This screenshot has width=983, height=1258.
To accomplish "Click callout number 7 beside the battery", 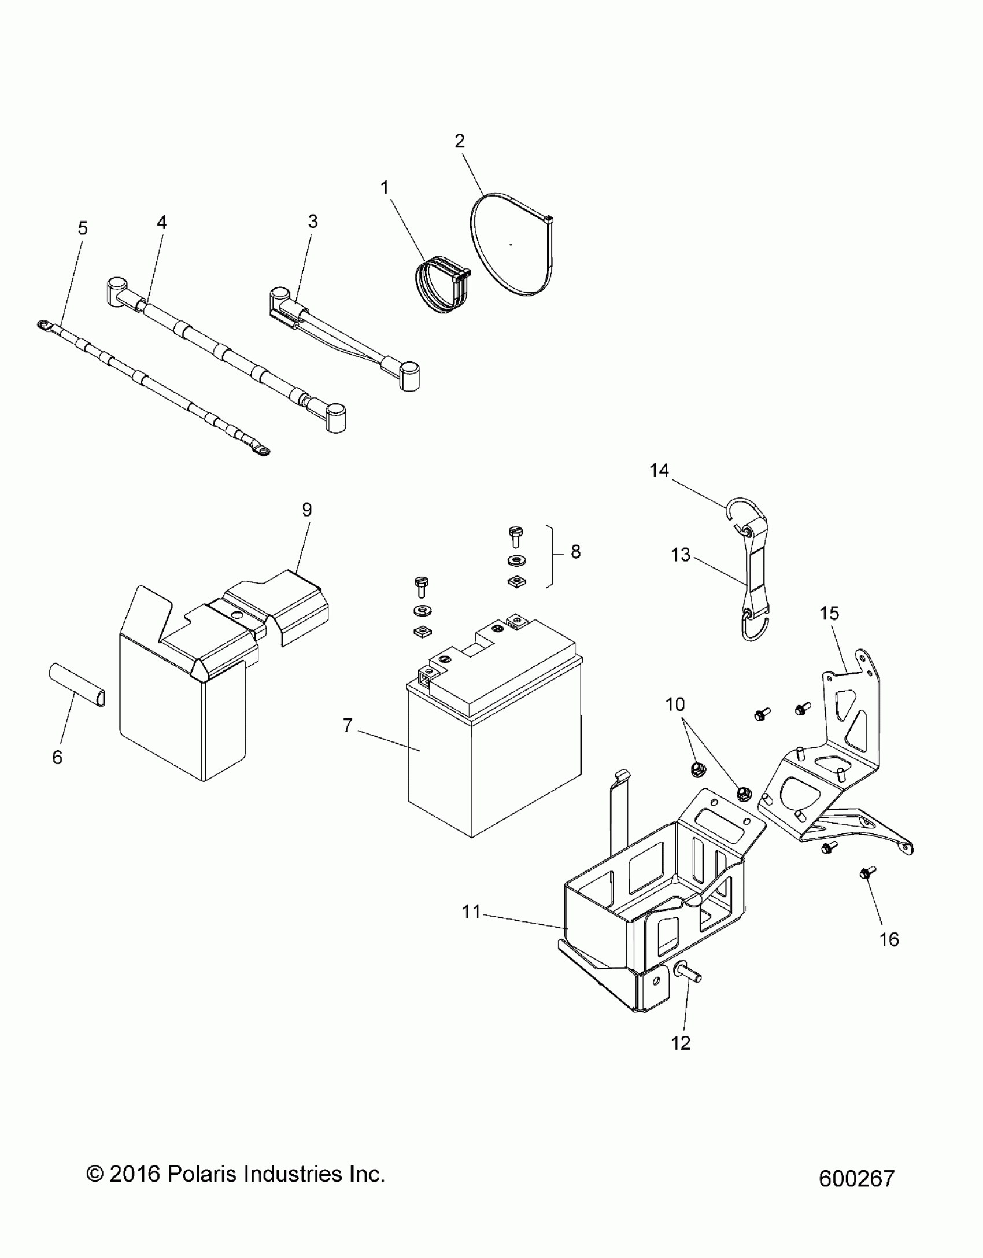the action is click(x=348, y=725).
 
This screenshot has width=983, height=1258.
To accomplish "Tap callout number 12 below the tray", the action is click(x=681, y=1043).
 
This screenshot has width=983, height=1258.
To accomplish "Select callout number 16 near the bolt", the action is click(x=889, y=939).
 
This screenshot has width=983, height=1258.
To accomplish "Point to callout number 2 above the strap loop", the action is click(x=460, y=141).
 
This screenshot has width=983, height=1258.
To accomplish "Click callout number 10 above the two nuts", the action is click(x=675, y=704).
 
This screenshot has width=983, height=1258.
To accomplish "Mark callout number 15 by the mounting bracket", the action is click(x=829, y=613).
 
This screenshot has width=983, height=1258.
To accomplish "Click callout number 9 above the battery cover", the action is click(x=306, y=510).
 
